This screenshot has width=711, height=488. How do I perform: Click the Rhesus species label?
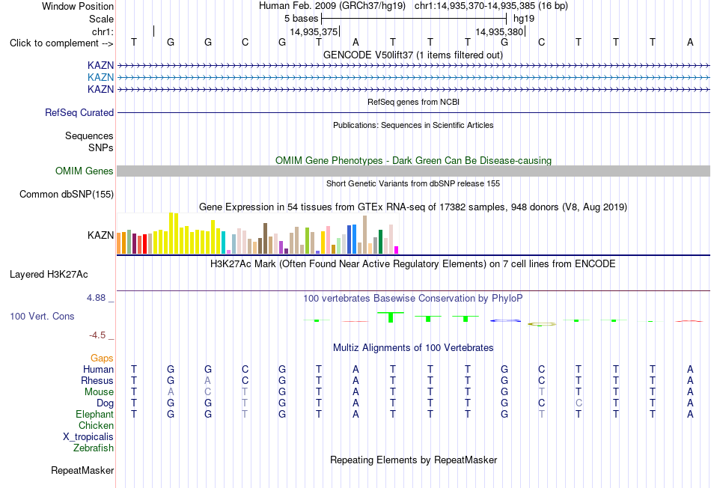(97, 380)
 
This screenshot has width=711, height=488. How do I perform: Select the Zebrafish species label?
(94, 448)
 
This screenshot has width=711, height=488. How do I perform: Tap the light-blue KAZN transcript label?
(101, 77)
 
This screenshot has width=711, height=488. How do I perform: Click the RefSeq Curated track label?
(79, 112)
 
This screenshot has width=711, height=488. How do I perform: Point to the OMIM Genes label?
(85, 171)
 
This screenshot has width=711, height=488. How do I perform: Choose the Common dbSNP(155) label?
(67, 194)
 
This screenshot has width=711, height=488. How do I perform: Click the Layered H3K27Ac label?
(49, 275)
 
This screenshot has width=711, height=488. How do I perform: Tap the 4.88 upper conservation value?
(96, 298)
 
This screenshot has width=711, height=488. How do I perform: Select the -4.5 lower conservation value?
(97, 335)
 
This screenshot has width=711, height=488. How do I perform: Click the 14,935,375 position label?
(314, 31)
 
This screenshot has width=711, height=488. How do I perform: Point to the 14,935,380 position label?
(500, 31)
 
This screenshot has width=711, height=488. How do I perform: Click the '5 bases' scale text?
(302, 19)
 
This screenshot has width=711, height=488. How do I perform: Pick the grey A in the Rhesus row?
(207, 380)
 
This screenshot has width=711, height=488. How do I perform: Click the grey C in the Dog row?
(579, 403)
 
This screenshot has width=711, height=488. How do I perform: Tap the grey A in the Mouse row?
(171, 391)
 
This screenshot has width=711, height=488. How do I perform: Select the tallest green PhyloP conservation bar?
(391, 317)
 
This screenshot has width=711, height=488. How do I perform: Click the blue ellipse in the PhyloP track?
(505, 320)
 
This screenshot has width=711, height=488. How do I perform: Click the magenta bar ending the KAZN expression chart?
(397, 250)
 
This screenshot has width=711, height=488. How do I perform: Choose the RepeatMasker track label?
(82, 470)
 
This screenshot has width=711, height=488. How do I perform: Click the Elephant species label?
(95, 414)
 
